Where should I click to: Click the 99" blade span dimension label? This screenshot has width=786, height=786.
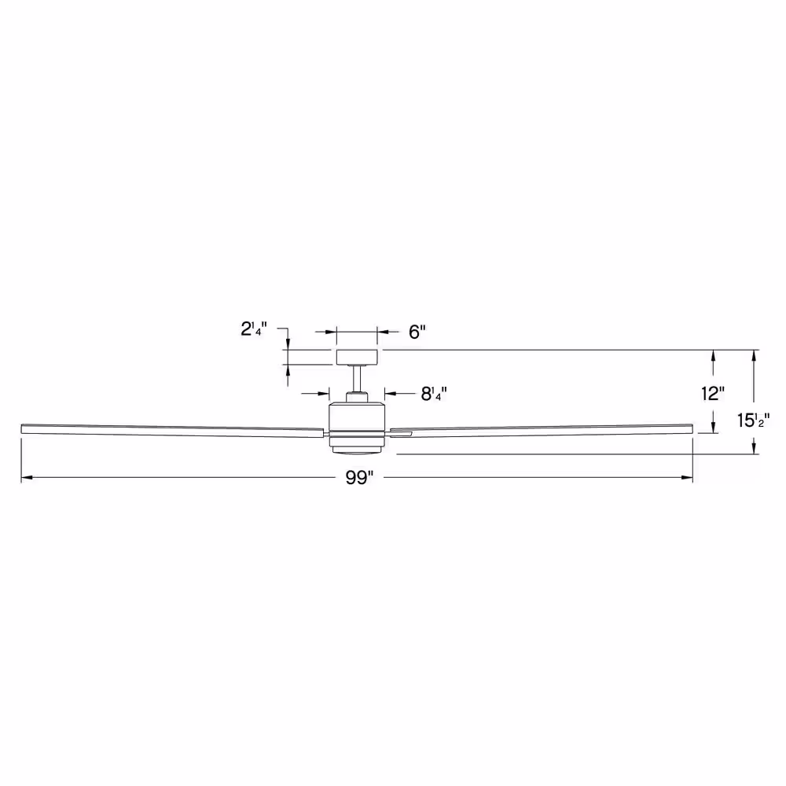pyautogui.click(x=359, y=478)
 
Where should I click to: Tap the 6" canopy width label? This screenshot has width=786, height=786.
pyautogui.click(x=417, y=332)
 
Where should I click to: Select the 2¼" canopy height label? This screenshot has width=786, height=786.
pyautogui.click(x=254, y=329)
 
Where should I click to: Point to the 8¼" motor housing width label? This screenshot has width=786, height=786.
pyautogui.click(x=434, y=394)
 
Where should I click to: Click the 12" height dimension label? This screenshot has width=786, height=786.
pyautogui.click(x=713, y=394)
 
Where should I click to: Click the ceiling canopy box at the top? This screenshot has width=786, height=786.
pyautogui.click(x=357, y=358)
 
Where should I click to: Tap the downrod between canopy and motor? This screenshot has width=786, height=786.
pyautogui.click(x=357, y=379)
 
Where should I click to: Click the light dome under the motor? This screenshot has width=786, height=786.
pyautogui.click(x=357, y=450)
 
